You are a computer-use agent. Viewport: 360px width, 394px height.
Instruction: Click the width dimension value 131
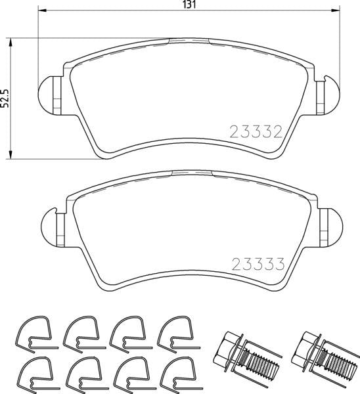(x=189, y=5)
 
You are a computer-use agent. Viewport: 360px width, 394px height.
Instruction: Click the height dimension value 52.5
(x=5, y=98)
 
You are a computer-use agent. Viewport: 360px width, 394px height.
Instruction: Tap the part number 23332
(x=255, y=131)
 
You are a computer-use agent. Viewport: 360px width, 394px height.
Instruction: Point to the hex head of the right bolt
(x=307, y=347)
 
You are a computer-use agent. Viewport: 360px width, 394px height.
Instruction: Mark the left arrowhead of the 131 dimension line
(x=41, y=12)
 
